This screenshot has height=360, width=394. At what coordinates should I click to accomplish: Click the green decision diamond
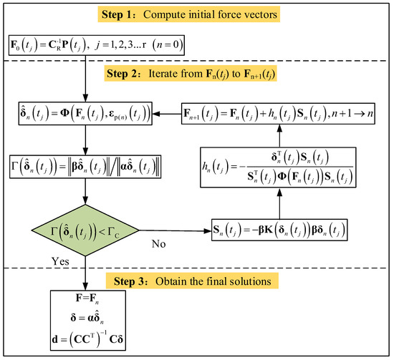point(85,230)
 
